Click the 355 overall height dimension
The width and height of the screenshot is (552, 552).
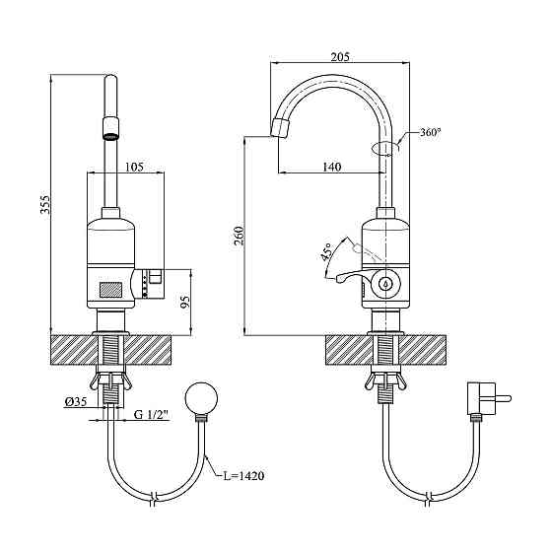(45, 204)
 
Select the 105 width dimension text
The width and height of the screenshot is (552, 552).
(135, 167)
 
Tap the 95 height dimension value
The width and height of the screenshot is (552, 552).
(185, 302)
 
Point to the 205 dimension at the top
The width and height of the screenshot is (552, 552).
(340, 57)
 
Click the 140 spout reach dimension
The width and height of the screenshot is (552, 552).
(332, 167)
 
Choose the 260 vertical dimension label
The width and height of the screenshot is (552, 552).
(239, 237)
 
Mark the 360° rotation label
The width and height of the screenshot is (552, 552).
(430, 133)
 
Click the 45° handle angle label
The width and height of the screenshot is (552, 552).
(326, 252)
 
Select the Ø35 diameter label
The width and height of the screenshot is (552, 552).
(76, 401)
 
